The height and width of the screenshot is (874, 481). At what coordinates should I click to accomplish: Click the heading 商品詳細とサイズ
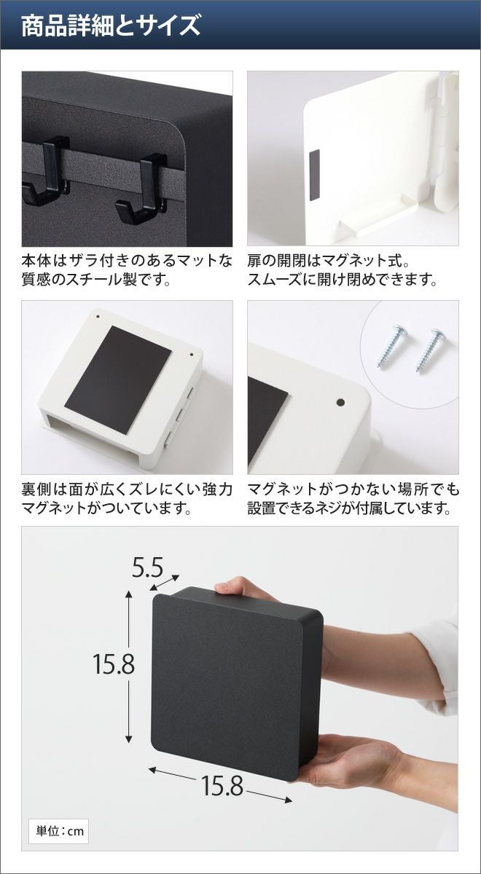tap(111, 25)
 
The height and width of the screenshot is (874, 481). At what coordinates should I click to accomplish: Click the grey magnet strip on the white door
tap(314, 175)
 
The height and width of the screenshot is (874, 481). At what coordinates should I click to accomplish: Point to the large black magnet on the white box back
tap(118, 379)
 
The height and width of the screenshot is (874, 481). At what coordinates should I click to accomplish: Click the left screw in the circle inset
tap(391, 346)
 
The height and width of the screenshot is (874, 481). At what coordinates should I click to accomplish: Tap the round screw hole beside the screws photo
tap(340, 402)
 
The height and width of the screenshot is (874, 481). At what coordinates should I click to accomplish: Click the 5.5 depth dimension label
tap(147, 567)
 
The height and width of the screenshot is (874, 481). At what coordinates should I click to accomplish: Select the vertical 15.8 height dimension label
tap(114, 664)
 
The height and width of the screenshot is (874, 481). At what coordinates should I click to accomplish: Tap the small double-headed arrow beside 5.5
tap(165, 583)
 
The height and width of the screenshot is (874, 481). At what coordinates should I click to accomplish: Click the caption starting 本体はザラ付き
tap(127, 269)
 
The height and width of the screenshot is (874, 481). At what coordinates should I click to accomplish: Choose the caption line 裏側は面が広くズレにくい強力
tap(128, 489)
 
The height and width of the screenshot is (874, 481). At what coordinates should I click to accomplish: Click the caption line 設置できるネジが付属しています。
tap(349, 508)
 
